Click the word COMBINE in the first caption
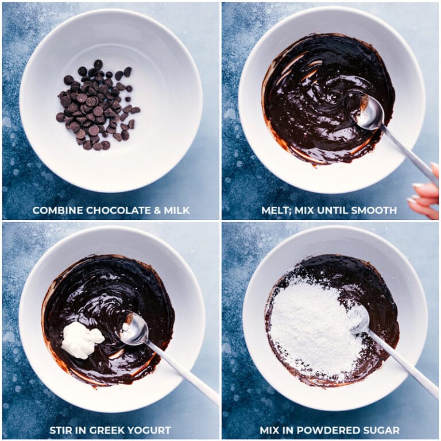click(56, 211)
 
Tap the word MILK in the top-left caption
click(176, 211)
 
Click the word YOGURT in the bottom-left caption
click(150, 430)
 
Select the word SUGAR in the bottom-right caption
click(380, 430)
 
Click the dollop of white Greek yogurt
click(80, 340)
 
